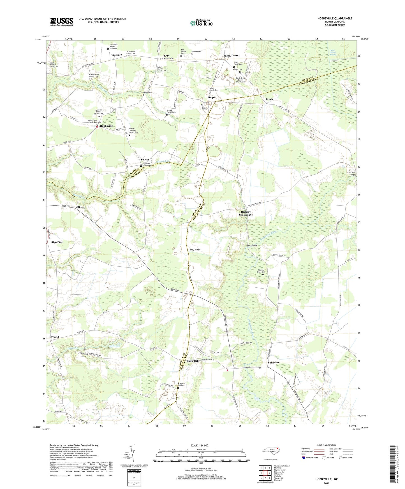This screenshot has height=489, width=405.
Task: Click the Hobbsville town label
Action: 106,126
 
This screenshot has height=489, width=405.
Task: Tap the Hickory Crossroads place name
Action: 246,213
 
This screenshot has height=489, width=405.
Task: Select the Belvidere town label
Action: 274,362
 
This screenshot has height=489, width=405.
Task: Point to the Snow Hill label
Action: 193,361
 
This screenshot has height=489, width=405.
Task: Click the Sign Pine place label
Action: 57,242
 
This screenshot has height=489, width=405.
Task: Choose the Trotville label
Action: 117,55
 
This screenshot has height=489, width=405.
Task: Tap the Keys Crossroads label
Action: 167,57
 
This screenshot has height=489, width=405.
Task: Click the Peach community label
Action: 269,99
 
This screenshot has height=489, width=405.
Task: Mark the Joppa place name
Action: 212,97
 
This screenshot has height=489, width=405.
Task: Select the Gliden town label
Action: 80,207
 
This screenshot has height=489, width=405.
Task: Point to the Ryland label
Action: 55,337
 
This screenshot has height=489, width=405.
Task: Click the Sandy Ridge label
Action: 194,250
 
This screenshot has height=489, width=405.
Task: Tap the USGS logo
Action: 62,22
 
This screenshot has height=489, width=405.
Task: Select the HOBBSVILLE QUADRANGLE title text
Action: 335,18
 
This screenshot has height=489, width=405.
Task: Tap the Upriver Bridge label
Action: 351,173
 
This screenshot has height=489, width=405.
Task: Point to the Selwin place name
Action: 145,160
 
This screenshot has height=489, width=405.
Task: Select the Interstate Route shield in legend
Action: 304,458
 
